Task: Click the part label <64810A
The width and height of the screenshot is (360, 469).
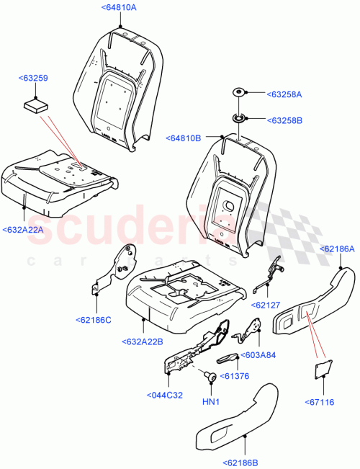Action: coord(120,8)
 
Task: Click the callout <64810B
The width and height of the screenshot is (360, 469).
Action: coord(184,137)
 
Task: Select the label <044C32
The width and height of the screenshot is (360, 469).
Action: coord(165,396)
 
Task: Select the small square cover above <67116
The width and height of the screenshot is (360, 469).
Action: coord(320,369)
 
